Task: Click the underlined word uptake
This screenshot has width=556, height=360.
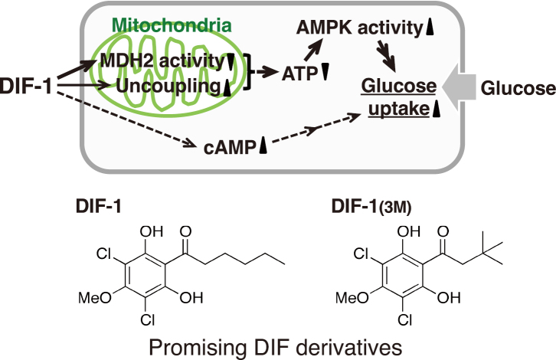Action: pyautogui.click(x=400, y=110)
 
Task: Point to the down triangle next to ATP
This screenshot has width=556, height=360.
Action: pyautogui.click(x=325, y=74)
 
